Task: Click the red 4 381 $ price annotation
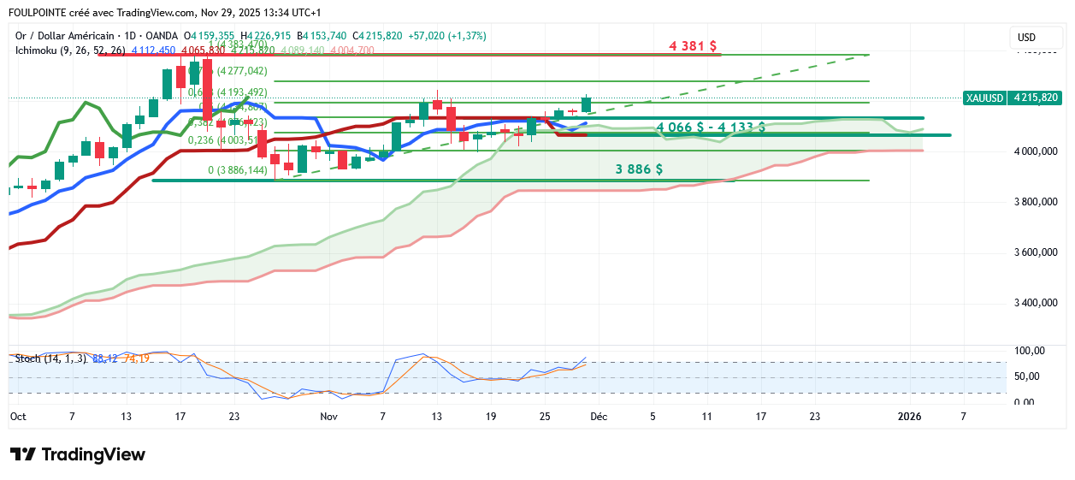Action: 692,46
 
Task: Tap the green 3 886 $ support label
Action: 639,169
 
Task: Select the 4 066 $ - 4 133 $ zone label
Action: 711,127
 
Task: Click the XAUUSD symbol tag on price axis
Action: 984,98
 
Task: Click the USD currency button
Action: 1027,38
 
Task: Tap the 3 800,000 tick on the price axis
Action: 1038,202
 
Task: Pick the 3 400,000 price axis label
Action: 1038,303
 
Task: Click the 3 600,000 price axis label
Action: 1038,252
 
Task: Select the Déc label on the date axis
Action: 600,417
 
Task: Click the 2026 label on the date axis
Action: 908,417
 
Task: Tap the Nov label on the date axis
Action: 328,417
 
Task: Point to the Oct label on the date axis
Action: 17,417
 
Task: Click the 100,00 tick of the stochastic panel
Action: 1029,351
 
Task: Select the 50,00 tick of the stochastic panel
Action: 1029,376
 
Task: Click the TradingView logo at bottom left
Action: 77,454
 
